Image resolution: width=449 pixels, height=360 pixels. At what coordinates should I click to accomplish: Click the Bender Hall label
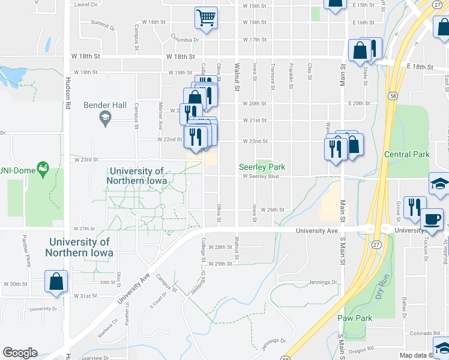click(105, 105)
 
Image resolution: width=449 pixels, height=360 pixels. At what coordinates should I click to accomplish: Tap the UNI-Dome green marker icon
click(43, 170)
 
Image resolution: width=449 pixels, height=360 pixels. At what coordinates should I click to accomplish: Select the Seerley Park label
click(262, 167)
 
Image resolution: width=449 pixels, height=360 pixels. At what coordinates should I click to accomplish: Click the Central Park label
click(407, 154)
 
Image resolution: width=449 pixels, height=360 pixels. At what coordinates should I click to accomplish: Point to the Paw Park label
click(372, 318)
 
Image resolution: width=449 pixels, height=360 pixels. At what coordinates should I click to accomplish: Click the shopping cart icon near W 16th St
click(206, 17)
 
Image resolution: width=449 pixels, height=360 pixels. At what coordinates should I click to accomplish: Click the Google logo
click(20, 353)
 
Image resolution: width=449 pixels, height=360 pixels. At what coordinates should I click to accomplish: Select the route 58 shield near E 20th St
click(392, 95)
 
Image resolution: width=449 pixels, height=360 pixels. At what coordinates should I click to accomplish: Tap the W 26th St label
click(272, 210)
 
